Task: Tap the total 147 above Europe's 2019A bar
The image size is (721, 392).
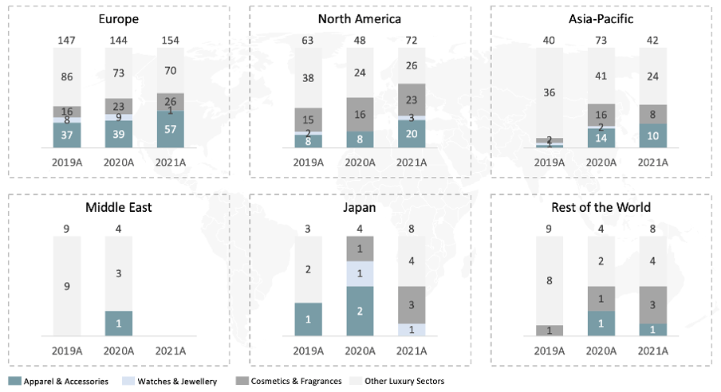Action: click(67, 40)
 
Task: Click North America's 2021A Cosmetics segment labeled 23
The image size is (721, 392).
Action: click(412, 100)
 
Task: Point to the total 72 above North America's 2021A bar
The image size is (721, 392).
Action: click(412, 40)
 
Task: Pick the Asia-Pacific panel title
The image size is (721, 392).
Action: click(601, 19)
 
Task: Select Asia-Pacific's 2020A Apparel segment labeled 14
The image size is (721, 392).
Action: click(601, 137)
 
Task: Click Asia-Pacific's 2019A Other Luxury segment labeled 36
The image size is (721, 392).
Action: click(548, 92)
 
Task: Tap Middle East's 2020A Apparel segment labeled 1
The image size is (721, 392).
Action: click(119, 323)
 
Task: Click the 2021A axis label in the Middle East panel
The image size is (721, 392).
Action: click(170, 350)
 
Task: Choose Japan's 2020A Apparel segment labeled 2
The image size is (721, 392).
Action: click(360, 311)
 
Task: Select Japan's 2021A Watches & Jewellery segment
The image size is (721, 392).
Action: click(412, 330)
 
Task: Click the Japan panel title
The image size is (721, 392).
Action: click(360, 208)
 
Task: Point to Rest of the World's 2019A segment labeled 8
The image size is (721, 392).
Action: click(548, 280)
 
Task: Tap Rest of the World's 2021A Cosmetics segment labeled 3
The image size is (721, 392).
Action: click(652, 304)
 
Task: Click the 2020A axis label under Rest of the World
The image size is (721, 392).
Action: click(601, 350)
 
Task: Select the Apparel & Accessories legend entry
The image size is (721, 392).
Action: click(60, 382)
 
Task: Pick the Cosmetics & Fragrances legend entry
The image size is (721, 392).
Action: click(290, 382)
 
